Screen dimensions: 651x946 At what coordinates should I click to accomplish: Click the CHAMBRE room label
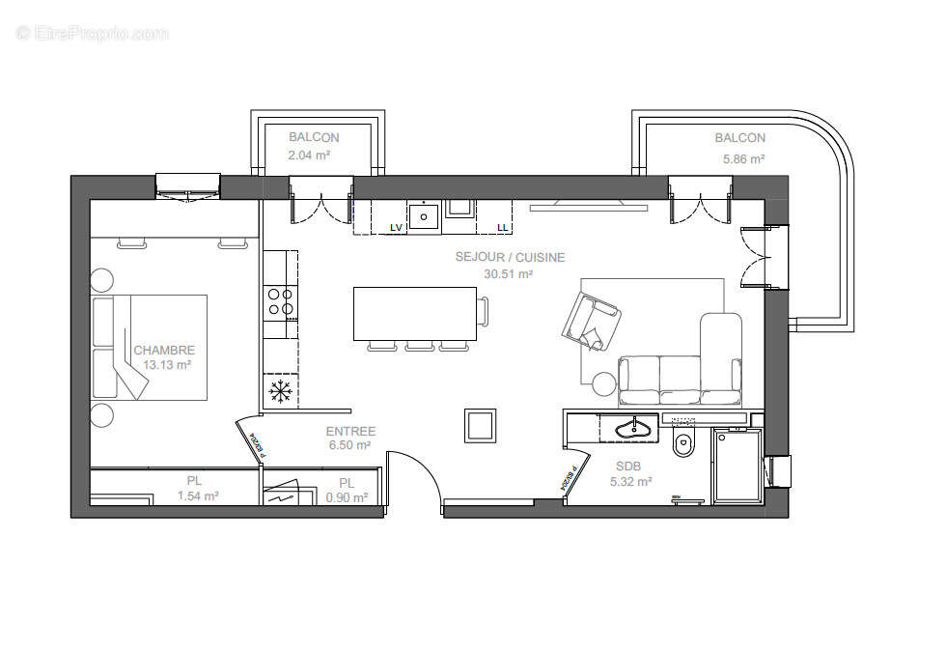click(164, 350)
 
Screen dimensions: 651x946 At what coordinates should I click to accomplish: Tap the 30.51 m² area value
click(509, 273)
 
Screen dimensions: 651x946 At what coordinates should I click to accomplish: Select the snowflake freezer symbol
click(280, 391)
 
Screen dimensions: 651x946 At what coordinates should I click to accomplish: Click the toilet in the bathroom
click(684, 444)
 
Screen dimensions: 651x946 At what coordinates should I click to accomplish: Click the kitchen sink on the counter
click(423, 215)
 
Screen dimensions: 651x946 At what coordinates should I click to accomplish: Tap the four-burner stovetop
click(281, 301)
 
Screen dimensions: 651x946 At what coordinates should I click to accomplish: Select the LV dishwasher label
click(396, 227)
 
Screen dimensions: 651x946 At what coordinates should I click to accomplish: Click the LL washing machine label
click(502, 227)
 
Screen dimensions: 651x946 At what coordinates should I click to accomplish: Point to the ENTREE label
click(350, 431)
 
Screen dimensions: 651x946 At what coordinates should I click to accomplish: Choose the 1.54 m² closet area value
click(198, 496)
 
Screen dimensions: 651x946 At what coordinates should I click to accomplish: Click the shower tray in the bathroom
click(737, 467)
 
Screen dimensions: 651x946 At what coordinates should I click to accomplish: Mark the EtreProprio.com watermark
click(93, 33)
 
